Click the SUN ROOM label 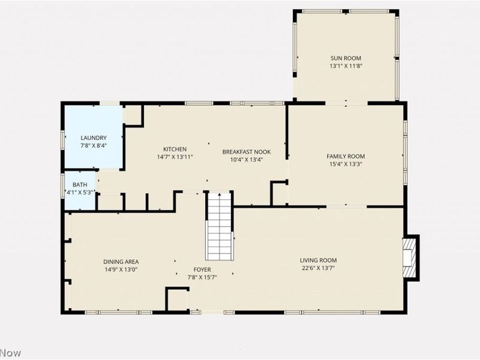(346, 58)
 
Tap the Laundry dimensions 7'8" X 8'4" (94, 146)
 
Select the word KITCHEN (175, 149)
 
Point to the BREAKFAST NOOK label (247, 152)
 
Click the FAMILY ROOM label (346, 157)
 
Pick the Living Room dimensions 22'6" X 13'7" (319, 268)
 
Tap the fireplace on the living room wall (411, 258)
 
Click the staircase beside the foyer (219, 226)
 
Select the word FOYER (202, 269)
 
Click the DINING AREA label (121, 262)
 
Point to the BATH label (80, 185)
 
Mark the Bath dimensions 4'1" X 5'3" (80, 193)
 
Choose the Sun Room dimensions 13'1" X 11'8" (346, 66)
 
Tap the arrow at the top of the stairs (219, 195)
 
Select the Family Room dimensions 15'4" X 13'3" (346, 164)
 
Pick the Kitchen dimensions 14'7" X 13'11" (175, 157)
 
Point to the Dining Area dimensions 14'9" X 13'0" (121, 269)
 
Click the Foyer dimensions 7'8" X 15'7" (202, 278)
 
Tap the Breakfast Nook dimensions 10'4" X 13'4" (247, 160)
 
